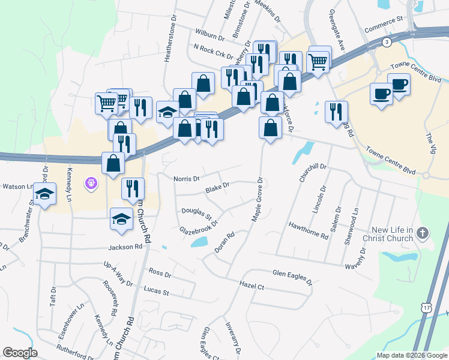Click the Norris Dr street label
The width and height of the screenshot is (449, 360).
point(187,179)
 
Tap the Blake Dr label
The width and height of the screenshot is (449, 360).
point(218,188)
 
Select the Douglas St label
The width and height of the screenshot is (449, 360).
point(197,213)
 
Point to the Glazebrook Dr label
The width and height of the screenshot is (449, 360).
point(198,227)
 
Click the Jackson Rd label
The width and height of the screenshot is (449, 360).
point(125,247)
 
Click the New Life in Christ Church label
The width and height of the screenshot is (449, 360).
point(393,234)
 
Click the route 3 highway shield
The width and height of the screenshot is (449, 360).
point(387,41)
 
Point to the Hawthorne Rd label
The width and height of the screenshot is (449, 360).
point(308,231)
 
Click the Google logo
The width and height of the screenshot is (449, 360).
point(20,353)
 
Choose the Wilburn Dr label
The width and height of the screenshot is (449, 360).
point(209,33)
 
